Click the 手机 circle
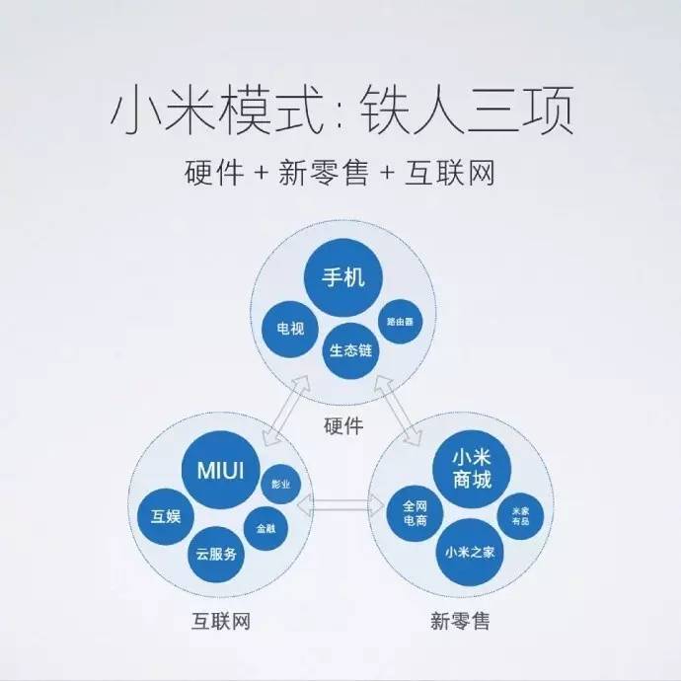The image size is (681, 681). click(x=342, y=277)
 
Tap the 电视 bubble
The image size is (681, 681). click(x=290, y=329)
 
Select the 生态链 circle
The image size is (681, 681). click(x=350, y=350)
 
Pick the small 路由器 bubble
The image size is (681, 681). click(x=400, y=322)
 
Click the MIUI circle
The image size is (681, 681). click(x=221, y=470)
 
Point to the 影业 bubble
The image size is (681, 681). click(x=280, y=484)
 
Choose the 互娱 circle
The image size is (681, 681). click(x=166, y=516)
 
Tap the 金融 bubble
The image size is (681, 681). click(x=265, y=529)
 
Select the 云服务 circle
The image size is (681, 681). click(x=216, y=555)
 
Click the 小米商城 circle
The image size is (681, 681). click(x=472, y=469)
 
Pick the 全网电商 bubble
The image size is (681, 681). click(x=415, y=513)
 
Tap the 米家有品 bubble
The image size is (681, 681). click(x=520, y=516)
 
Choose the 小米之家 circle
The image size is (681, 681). click(x=470, y=553)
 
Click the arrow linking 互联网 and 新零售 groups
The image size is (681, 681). click(x=341, y=504)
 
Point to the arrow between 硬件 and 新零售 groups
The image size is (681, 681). click(x=398, y=411)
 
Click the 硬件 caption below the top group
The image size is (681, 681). click(x=343, y=425)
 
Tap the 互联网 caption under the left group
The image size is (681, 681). click(x=221, y=621)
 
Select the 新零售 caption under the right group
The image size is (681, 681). click(x=460, y=621)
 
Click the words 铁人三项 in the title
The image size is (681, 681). click(x=468, y=110)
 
